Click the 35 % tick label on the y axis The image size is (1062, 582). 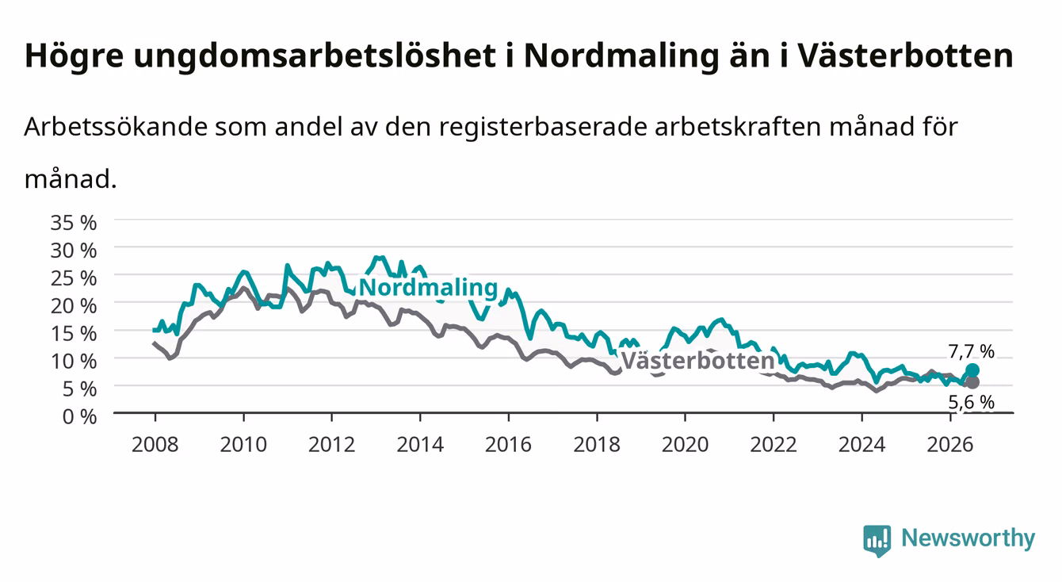point(74,223)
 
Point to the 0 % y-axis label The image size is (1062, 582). point(79,416)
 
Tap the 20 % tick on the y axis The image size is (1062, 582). point(74,306)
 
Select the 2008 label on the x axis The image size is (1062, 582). point(155,445)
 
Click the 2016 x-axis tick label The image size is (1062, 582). point(508,445)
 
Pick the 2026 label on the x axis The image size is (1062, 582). point(950,445)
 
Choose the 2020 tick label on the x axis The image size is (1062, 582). point(685,445)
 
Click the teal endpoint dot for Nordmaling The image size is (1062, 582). point(972,370)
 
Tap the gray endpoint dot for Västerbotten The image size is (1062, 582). point(972,382)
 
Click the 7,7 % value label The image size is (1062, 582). point(971,351)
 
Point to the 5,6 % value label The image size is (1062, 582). point(971,402)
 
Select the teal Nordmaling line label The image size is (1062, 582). point(428,288)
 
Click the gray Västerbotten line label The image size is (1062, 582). point(697,361)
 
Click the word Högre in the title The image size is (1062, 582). point(74,56)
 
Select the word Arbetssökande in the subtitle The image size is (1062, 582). point(116,127)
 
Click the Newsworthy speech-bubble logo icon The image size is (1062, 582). point(877,541)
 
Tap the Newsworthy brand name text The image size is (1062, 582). point(968,538)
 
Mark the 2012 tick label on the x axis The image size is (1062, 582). point(332,445)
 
